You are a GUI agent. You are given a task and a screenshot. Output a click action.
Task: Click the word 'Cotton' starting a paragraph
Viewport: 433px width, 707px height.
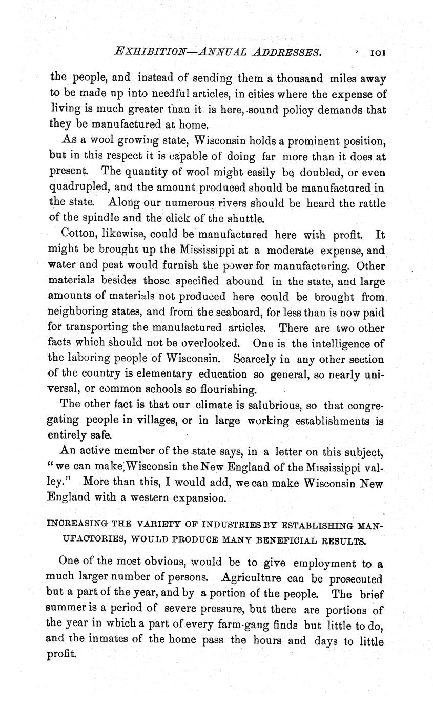tap(77, 235)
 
